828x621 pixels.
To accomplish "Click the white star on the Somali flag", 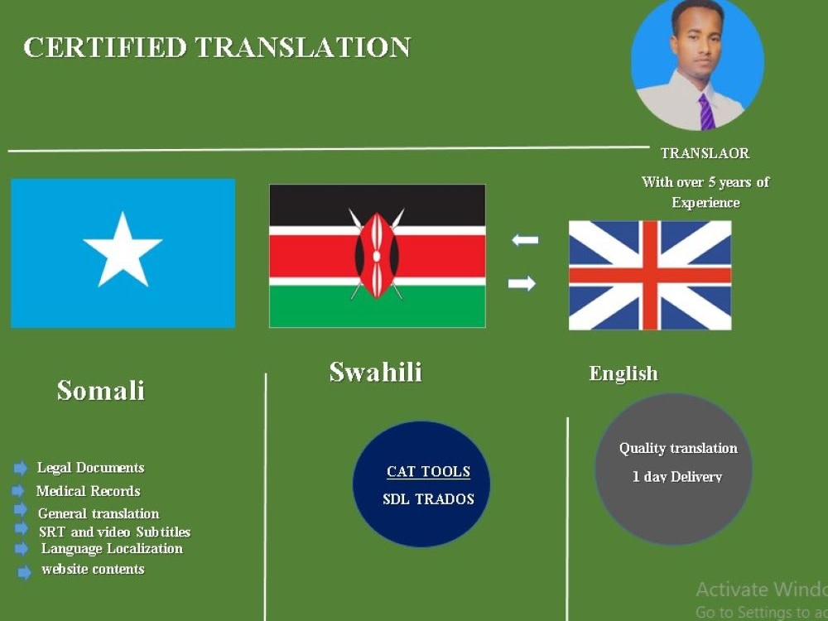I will pyautogui.click(x=123, y=250).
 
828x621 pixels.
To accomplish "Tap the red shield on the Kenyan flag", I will pyautogui.click(x=377, y=255).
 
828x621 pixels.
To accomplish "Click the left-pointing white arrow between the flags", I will pyautogui.click(x=524, y=240).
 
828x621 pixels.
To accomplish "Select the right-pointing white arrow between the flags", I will pyautogui.click(x=522, y=284).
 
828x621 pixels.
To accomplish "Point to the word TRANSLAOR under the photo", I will pyautogui.click(x=705, y=153).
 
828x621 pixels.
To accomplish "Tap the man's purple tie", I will pyautogui.click(x=705, y=112).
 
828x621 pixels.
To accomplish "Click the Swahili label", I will pyautogui.click(x=375, y=372).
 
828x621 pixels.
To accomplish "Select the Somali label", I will pyautogui.click(x=100, y=390).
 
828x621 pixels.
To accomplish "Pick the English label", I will pyautogui.click(x=623, y=373).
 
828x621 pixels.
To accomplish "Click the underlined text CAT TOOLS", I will pyautogui.click(x=428, y=472).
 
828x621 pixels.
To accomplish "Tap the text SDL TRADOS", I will pyautogui.click(x=428, y=499).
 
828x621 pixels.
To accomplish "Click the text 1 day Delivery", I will pyautogui.click(x=676, y=477).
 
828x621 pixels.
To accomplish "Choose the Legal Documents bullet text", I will pyautogui.click(x=90, y=468).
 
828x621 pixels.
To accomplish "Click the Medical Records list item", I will pyautogui.click(x=88, y=491).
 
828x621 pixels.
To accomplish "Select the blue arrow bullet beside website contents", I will pyautogui.click(x=25, y=571).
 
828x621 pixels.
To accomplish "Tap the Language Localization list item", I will pyautogui.click(x=112, y=548).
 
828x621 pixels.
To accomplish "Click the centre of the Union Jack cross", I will pyautogui.click(x=650, y=275).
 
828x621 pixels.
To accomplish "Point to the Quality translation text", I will pyautogui.click(x=678, y=448).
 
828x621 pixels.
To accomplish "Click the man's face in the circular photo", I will pyautogui.click(x=692, y=37).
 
